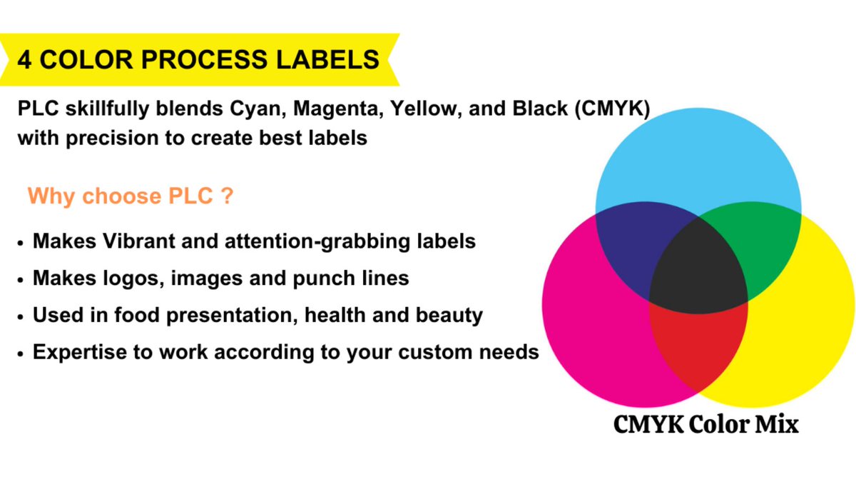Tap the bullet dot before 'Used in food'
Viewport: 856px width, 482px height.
(x=21, y=316)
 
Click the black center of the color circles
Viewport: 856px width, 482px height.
(x=698, y=268)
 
